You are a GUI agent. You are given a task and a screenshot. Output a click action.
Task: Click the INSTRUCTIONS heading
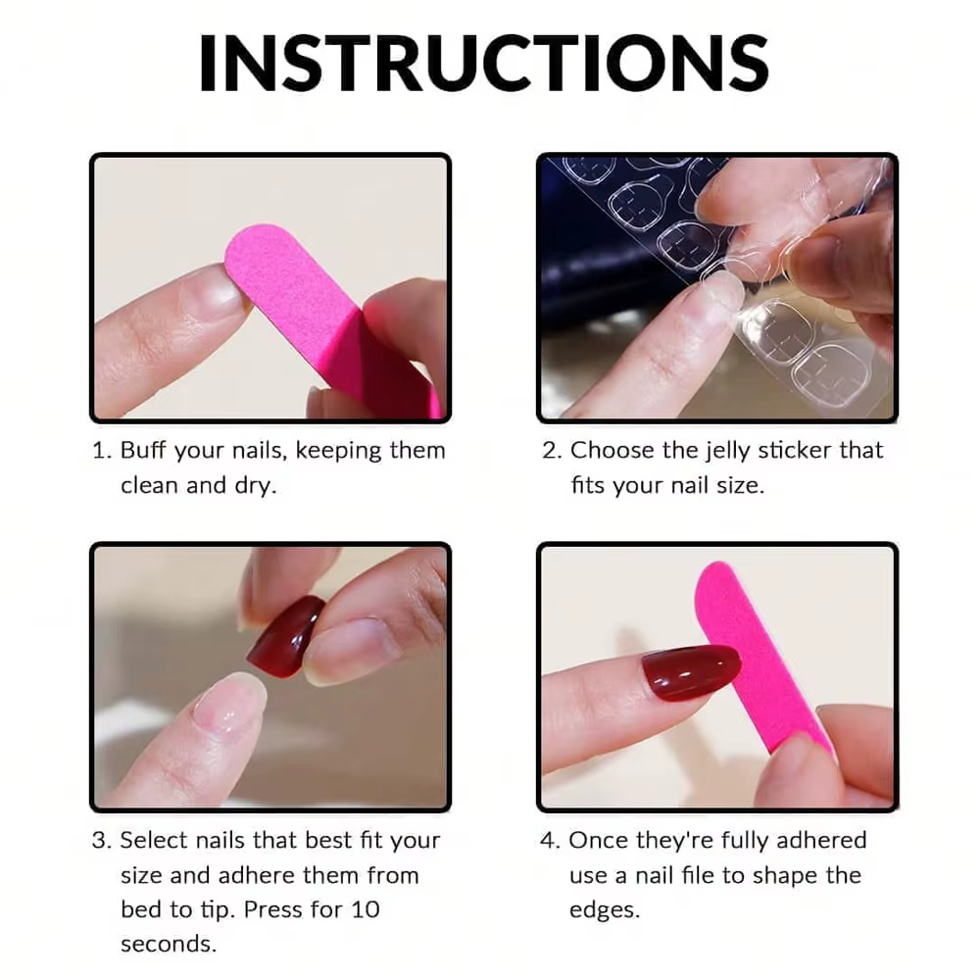pyautogui.click(x=483, y=63)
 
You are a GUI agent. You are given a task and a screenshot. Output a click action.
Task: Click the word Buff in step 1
pyautogui.click(x=142, y=450)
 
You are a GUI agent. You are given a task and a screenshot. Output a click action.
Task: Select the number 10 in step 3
pyautogui.click(x=365, y=910)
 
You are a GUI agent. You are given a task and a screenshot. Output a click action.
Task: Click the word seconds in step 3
pyautogui.click(x=169, y=945)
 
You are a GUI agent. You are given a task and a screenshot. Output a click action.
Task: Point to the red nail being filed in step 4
pyautogui.click(x=691, y=672)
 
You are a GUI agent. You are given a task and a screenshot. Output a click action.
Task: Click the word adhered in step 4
pyautogui.click(x=821, y=841)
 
